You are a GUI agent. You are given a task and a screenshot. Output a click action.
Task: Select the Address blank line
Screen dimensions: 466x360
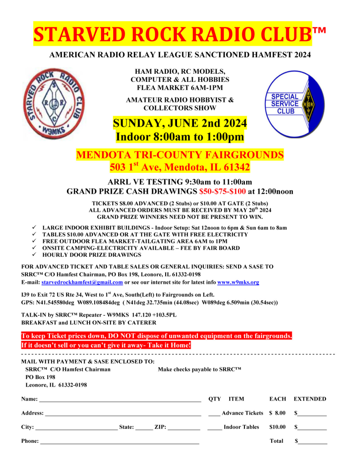123,414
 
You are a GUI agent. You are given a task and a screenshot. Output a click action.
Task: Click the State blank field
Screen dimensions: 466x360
144,428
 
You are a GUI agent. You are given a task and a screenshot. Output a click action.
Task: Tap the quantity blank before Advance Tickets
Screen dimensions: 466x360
214,414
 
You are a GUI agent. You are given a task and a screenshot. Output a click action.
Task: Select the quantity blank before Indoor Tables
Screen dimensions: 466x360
214,428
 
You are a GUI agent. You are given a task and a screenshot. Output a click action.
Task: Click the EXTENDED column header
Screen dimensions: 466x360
310,399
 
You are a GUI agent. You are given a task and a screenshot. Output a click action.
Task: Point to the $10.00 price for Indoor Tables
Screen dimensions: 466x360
277,427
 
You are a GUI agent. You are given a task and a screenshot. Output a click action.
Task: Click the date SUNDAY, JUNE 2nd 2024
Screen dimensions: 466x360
180,123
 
